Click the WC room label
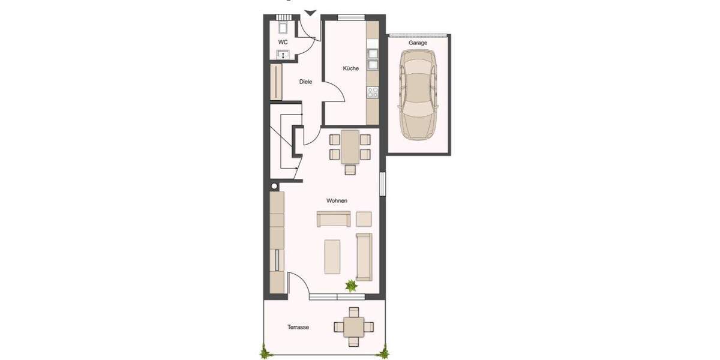pos(283,42)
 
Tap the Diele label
pos(306,82)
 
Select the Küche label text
pos(351,68)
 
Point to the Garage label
pos(418,43)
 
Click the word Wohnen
pos(337,200)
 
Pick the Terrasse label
pos(298,327)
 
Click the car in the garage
pos(419,94)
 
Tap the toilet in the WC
pos(283,28)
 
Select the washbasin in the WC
pos(283,55)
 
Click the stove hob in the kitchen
pos(373,92)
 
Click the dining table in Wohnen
pos(350,147)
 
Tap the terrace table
pos(353,327)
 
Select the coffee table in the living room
pos(332,256)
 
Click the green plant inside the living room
pos(351,286)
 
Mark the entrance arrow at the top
pos(310,13)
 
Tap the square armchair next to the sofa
pos(364,218)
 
